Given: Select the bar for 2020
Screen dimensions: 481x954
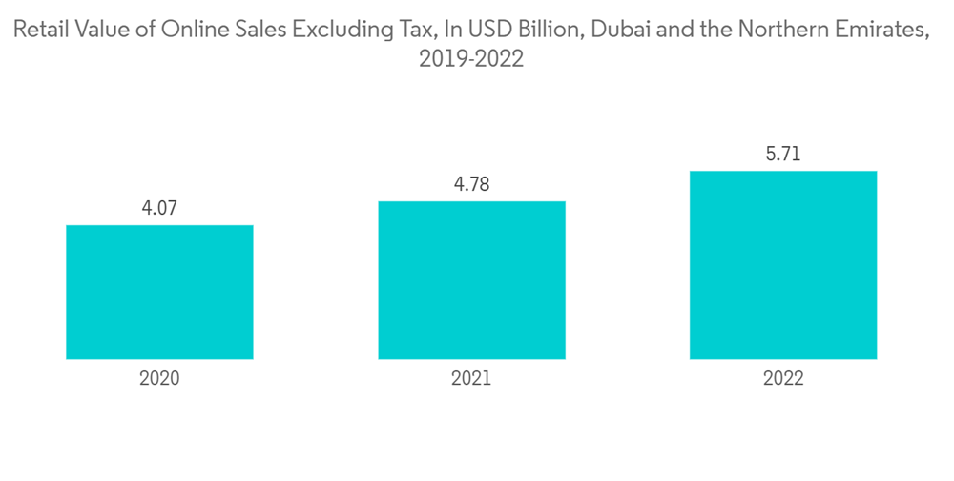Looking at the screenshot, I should (x=159, y=292).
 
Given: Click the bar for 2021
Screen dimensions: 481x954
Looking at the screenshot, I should (x=471, y=280).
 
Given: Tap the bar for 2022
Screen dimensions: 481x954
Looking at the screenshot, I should (x=783, y=264).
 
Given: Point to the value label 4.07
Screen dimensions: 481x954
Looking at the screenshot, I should (x=159, y=207).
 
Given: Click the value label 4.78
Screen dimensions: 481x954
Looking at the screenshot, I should (x=471, y=183).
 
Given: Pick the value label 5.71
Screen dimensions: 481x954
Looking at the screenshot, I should (x=783, y=153).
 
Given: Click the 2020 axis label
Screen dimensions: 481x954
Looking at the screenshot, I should (x=159, y=378).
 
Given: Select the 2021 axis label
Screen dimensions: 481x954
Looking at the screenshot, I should (x=471, y=378).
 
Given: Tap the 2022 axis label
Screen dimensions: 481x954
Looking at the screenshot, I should (x=783, y=378).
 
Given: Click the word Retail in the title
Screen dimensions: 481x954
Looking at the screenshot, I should (x=40, y=31).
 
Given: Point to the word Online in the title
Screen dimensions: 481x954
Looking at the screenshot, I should (x=191, y=31).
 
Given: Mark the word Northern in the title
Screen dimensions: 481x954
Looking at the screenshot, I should (x=769, y=31).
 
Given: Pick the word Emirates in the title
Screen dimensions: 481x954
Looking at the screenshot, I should (x=878, y=31).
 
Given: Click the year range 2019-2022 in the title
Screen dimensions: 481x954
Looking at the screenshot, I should (x=471, y=60).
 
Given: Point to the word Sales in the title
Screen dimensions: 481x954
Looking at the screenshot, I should (x=252, y=31).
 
